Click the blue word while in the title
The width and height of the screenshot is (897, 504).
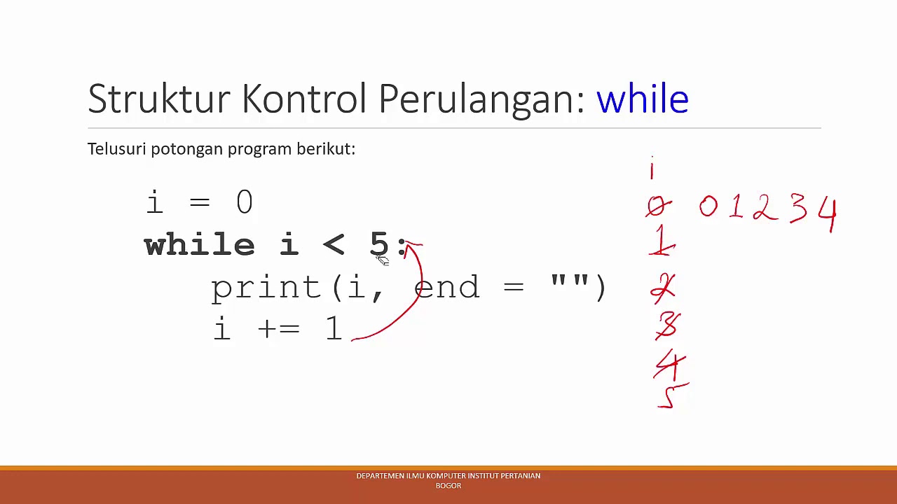642,99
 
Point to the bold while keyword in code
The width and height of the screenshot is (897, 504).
199,245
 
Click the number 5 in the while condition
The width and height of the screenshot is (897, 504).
378,244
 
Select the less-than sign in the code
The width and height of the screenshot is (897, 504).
334,244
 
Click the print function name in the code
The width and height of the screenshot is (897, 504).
266,288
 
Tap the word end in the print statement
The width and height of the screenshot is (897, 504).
447,287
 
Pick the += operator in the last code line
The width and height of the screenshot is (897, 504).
278,329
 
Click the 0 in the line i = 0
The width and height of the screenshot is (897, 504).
244,202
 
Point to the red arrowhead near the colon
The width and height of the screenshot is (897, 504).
411,245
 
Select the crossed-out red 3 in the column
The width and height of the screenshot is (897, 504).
668,325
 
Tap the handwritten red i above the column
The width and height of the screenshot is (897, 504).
652,169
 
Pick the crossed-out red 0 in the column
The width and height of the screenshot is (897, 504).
657,206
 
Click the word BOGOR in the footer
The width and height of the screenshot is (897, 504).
448,485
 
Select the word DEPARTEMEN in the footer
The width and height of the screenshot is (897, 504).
380,476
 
